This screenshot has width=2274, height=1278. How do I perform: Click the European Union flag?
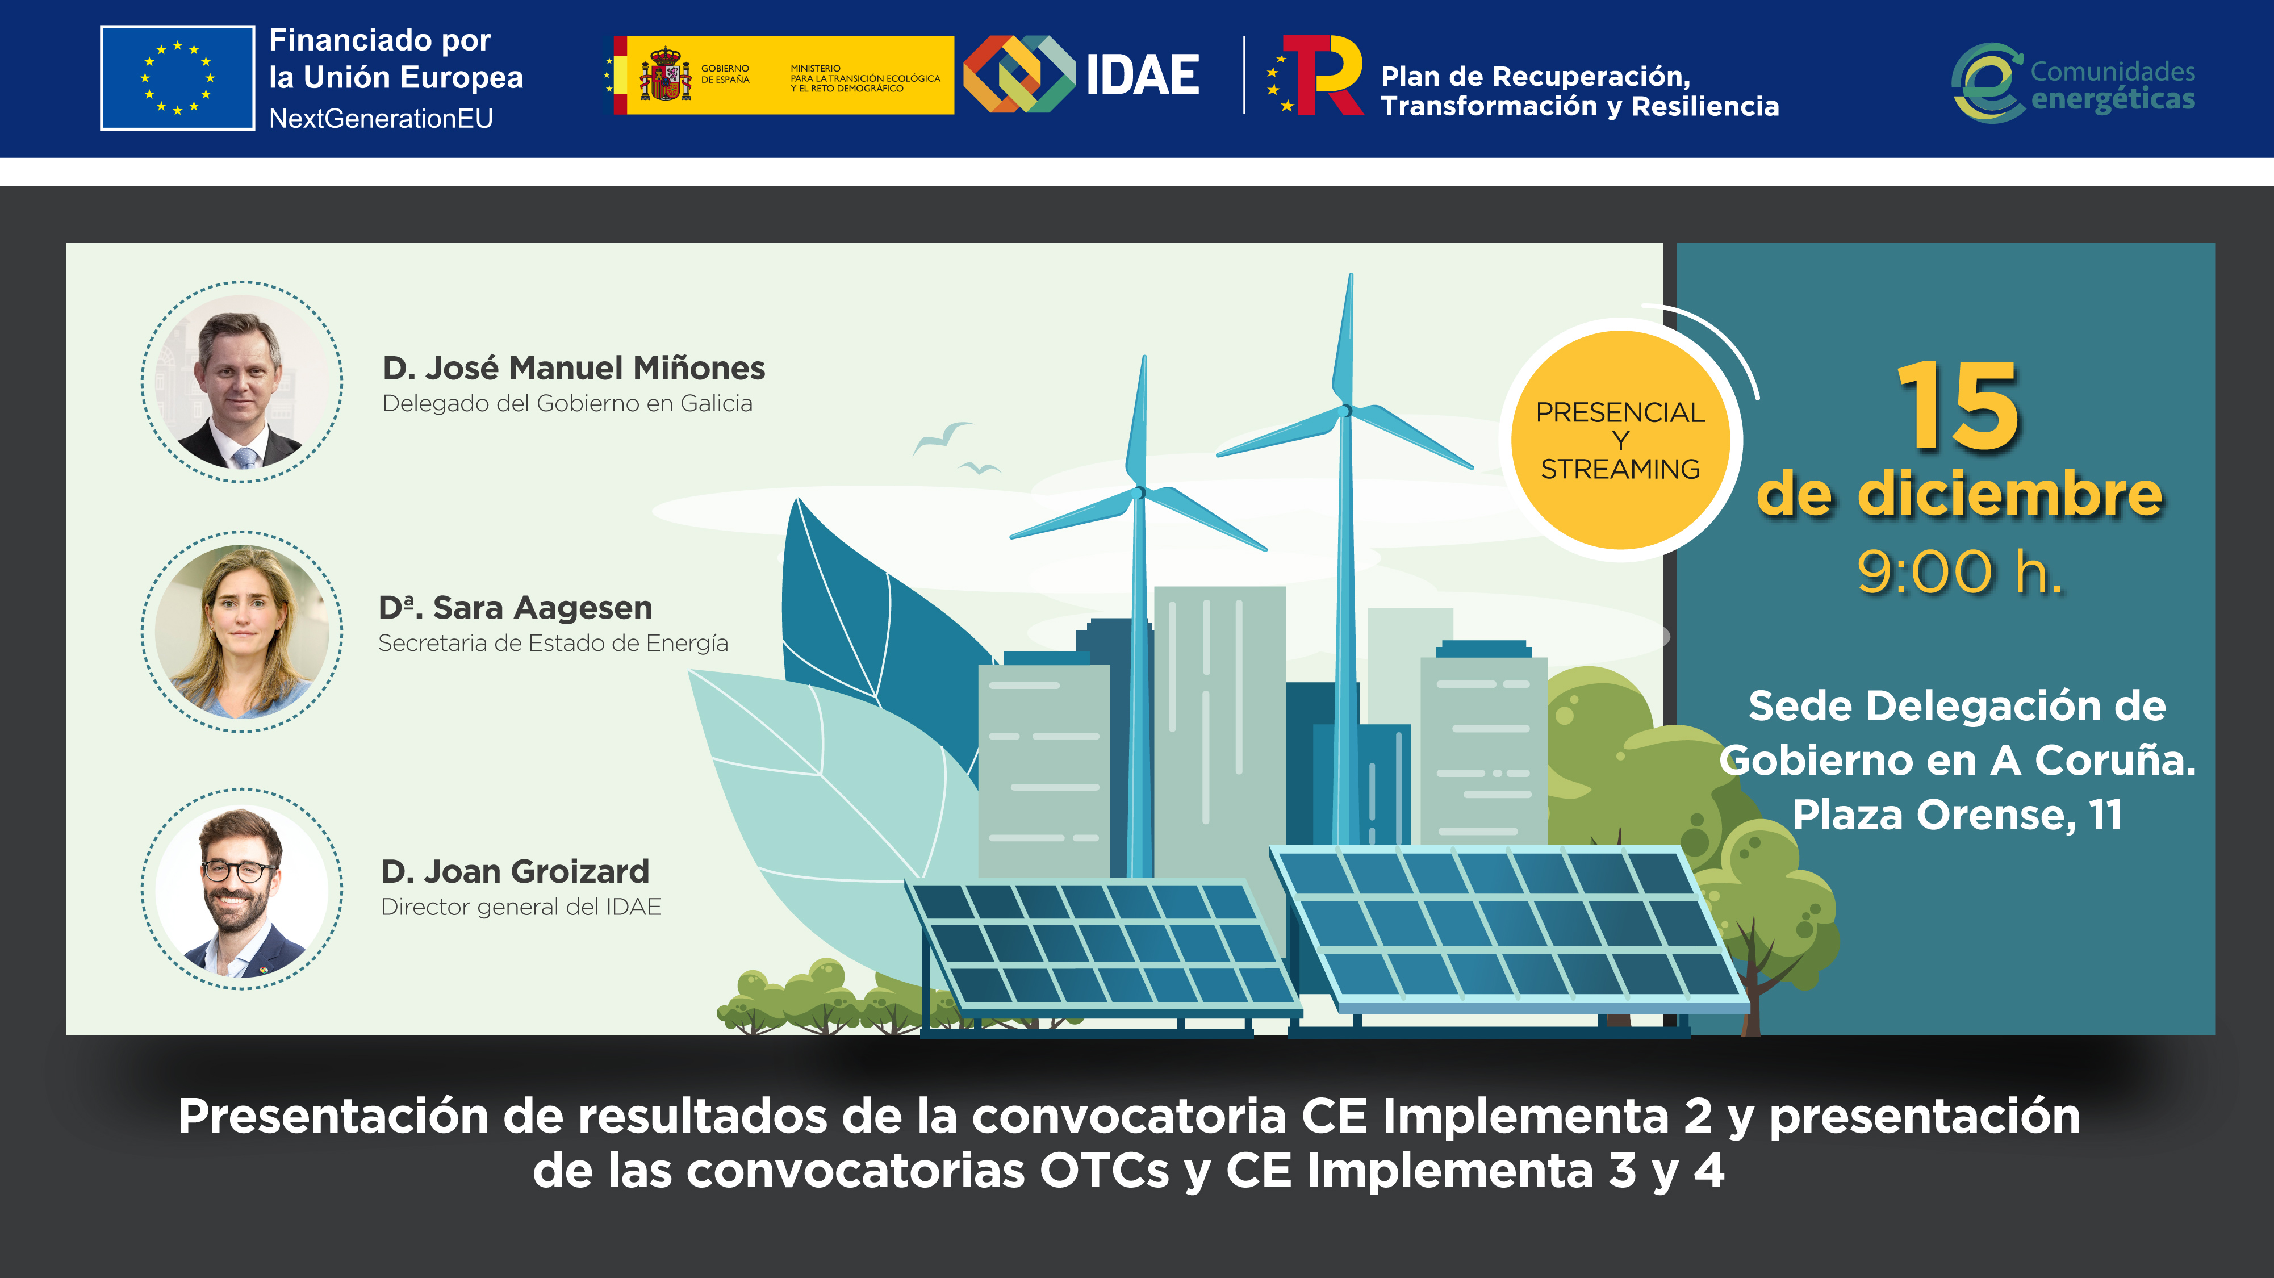(x=177, y=78)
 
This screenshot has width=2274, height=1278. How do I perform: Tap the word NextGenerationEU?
(x=381, y=118)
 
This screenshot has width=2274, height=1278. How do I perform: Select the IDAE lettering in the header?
(x=1142, y=75)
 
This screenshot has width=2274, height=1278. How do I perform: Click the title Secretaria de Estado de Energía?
(x=553, y=644)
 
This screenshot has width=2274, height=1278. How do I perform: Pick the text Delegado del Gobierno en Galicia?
(x=567, y=403)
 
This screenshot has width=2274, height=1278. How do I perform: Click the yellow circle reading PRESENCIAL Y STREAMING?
(x=1619, y=440)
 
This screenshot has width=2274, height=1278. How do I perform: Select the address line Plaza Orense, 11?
(x=1957, y=815)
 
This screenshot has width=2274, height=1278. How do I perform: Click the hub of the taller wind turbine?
(x=1345, y=411)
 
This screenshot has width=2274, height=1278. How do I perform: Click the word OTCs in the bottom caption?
(x=1103, y=1171)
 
